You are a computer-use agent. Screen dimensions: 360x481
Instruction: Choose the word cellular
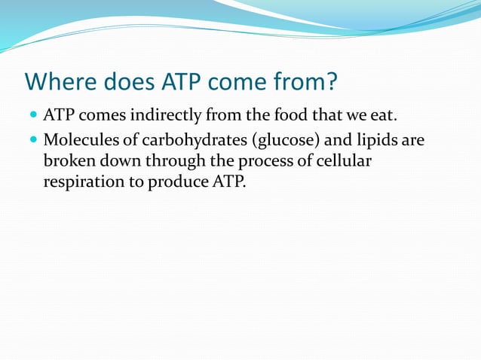pyautogui.click(x=345, y=161)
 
